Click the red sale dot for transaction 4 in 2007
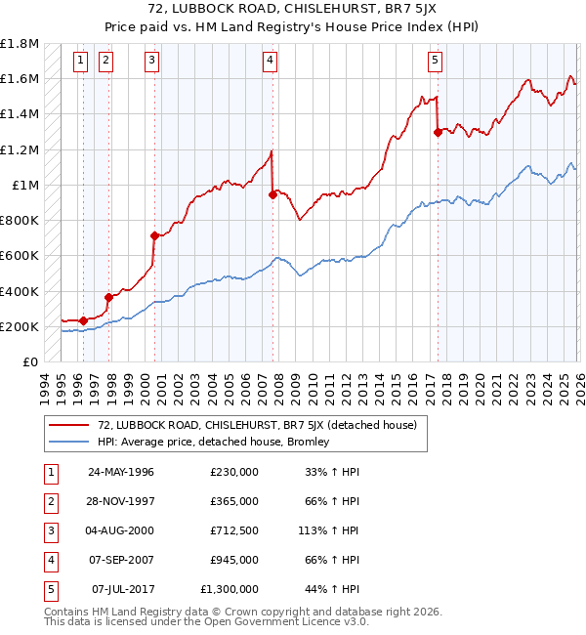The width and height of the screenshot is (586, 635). click(272, 194)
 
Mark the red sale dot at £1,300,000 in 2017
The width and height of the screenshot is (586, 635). click(438, 132)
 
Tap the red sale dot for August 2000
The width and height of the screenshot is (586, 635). click(154, 235)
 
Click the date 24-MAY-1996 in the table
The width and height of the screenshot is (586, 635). click(120, 472)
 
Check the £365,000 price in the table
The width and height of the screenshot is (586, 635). click(233, 501)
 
